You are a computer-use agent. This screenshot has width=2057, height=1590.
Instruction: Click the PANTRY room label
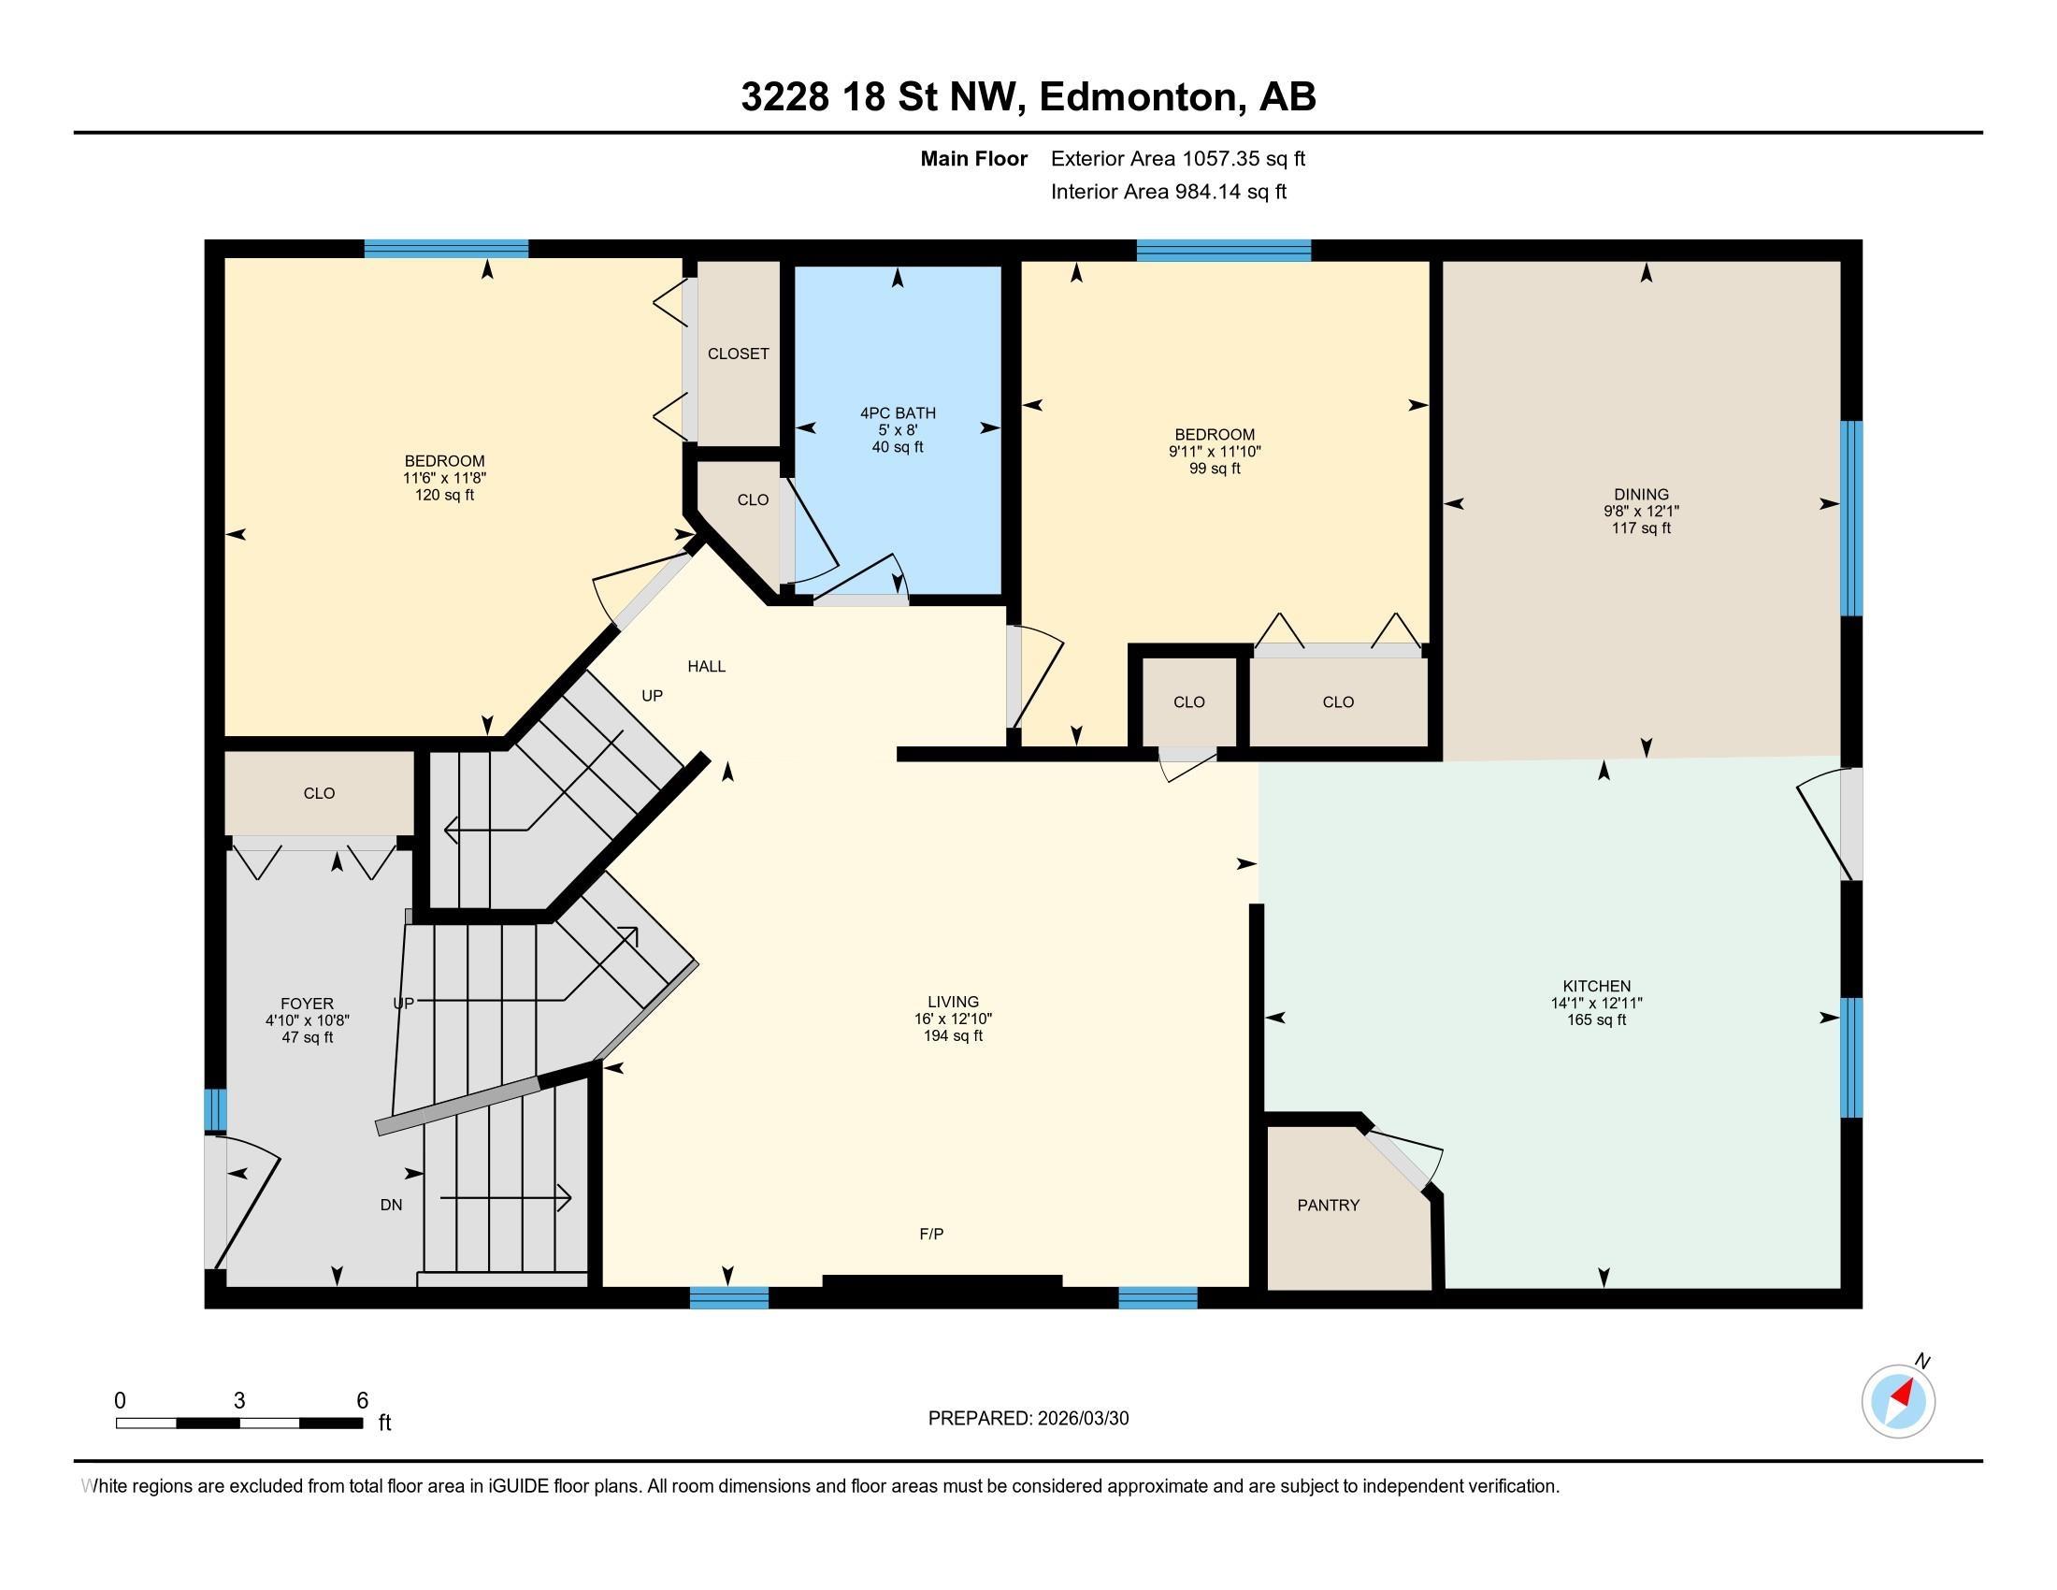pyautogui.click(x=1328, y=1205)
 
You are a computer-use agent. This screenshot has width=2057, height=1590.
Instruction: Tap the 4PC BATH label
pyautogui.click(x=898, y=412)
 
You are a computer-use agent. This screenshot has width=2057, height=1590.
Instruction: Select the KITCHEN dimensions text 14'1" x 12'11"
pyautogui.click(x=1596, y=1004)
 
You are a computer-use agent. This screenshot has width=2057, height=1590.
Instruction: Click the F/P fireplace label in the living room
pyautogui.click(x=930, y=1233)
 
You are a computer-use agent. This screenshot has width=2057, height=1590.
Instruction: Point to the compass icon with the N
pyautogui.click(x=1898, y=1401)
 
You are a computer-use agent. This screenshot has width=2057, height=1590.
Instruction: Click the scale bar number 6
pyautogui.click(x=362, y=1400)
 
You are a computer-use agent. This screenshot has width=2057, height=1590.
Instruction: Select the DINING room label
pyautogui.click(x=1641, y=494)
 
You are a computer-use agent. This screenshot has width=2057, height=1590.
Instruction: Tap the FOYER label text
pyautogui.click(x=307, y=1004)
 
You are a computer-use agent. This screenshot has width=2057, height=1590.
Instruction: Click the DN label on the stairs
pyautogui.click(x=391, y=1204)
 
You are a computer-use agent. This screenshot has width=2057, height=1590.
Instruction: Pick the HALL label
pyautogui.click(x=706, y=666)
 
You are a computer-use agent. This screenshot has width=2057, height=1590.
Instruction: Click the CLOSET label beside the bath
pyautogui.click(x=739, y=354)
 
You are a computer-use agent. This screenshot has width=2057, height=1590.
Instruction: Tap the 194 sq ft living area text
pyautogui.click(x=952, y=1035)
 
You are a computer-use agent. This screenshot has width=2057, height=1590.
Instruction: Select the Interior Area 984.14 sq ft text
pyautogui.click(x=1168, y=191)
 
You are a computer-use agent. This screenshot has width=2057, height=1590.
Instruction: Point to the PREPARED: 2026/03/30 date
pyautogui.click(x=1028, y=1418)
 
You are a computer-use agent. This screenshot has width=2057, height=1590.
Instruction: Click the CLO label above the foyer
pyautogui.click(x=319, y=793)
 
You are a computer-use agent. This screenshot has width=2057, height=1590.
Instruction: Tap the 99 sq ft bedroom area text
pyautogui.click(x=1214, y=469)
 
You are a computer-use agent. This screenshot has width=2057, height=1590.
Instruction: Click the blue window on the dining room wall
pyautogui.click(x=1850, y=517)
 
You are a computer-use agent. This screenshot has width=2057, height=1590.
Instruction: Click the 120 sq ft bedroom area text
pyautogui.click(x=444, y=495)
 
